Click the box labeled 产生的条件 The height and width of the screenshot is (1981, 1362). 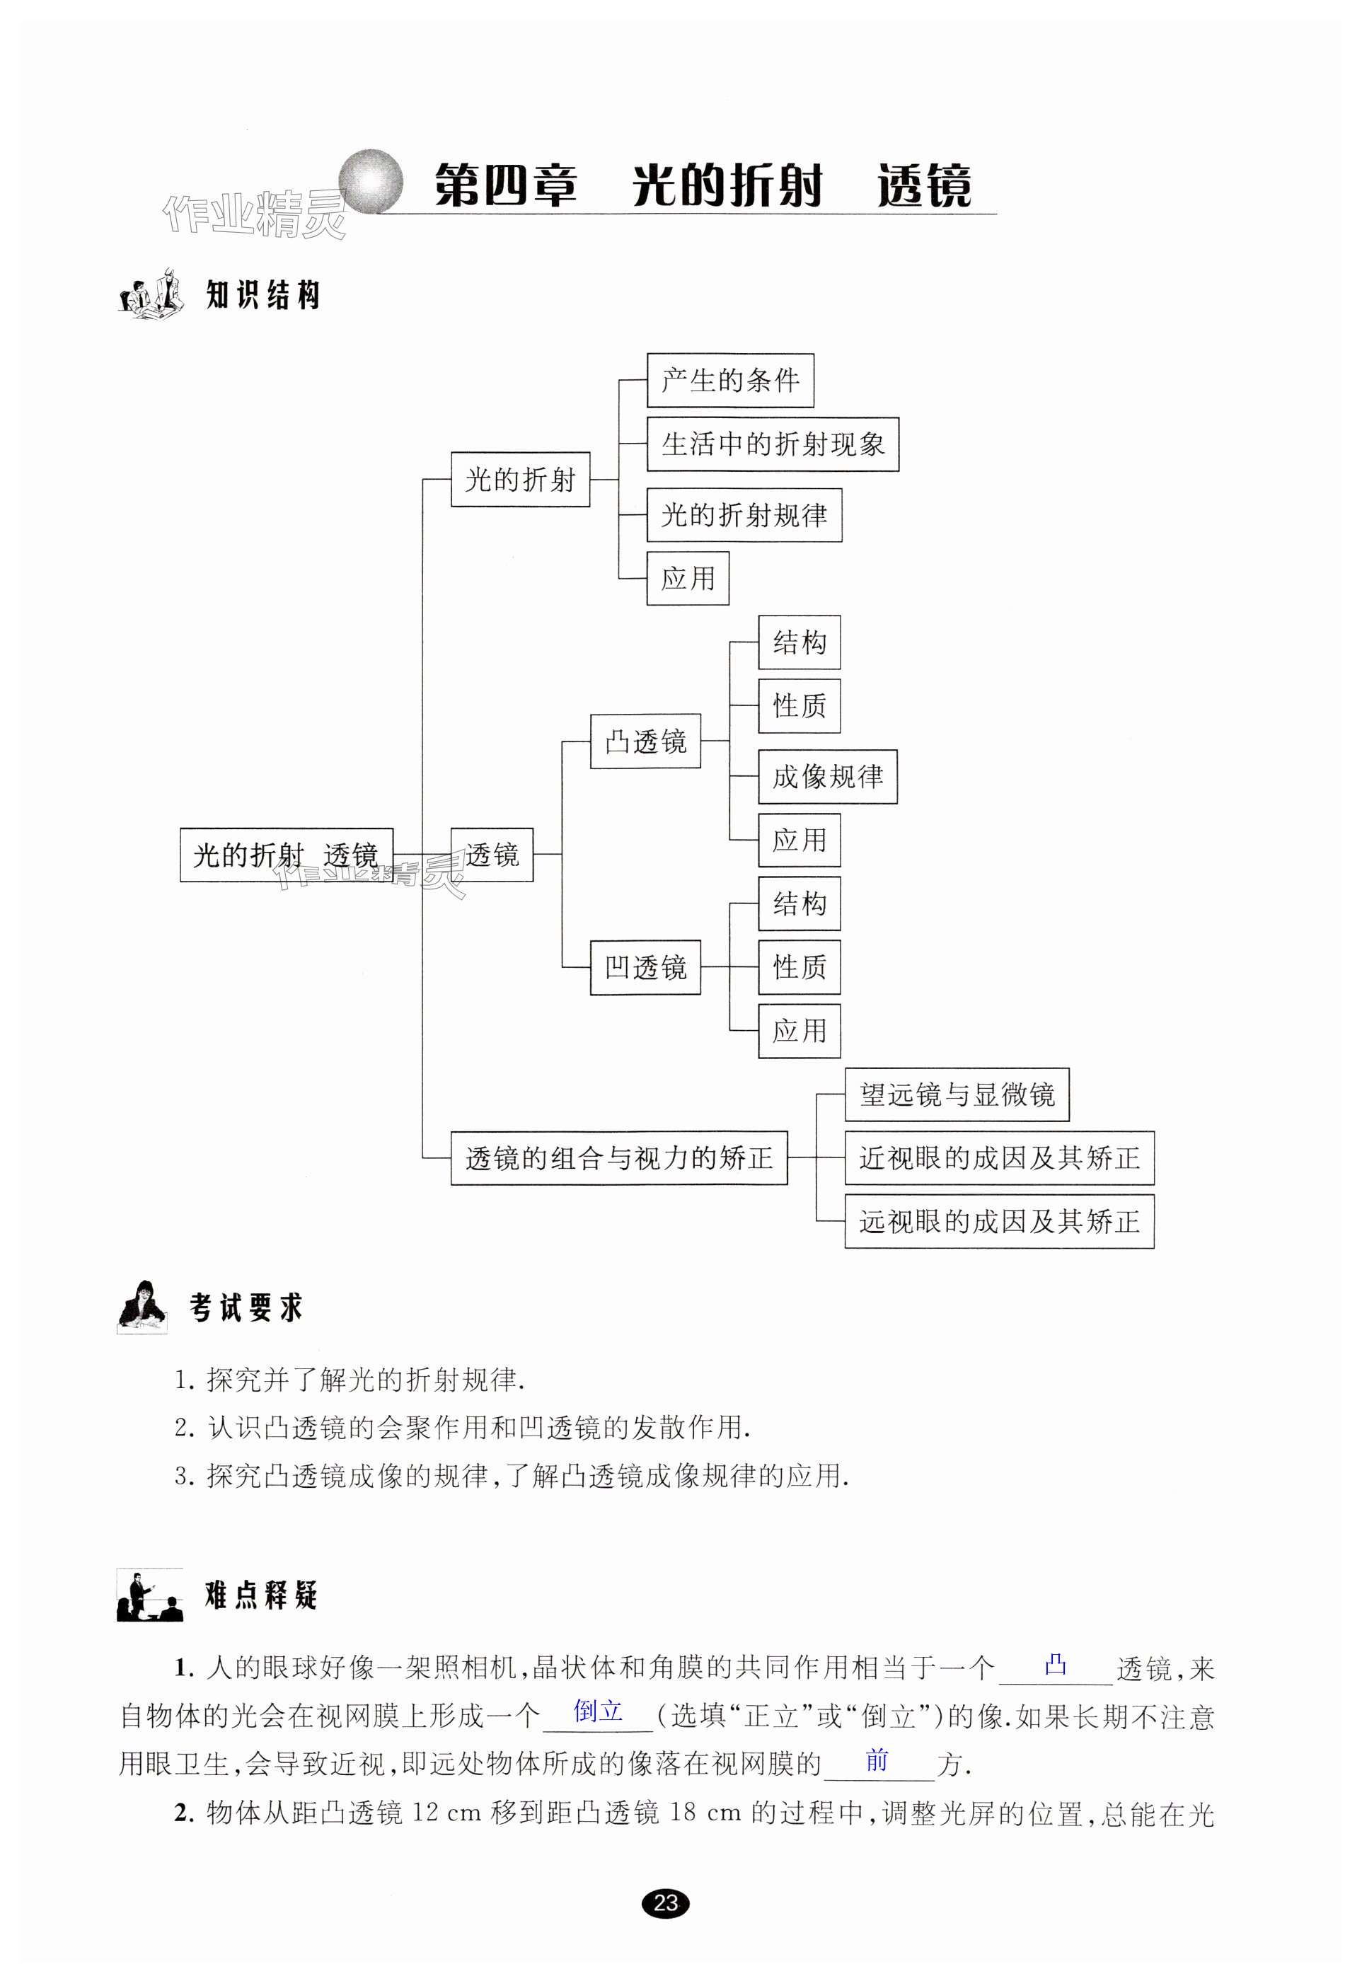point(729,381)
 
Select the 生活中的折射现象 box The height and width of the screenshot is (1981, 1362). point(773,444)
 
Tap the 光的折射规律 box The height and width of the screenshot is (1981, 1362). point(744,515)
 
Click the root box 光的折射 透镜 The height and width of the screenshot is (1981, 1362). point(286,855)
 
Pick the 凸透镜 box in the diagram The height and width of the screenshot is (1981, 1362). point(645,741)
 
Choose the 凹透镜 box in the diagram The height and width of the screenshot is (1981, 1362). point(645,967)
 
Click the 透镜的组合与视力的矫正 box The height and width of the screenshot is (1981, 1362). point(618,1157)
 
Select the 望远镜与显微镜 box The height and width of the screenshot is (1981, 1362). point(957,1095)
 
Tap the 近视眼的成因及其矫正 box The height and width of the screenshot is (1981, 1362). point(998,1157)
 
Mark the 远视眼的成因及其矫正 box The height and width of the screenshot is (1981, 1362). point(998,1222)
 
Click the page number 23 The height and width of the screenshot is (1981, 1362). point(666,1902)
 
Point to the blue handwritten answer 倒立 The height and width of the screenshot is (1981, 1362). point(597,1711)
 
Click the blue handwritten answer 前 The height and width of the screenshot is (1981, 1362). point(877,1760)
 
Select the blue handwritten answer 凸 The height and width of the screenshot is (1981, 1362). point(1056,1663)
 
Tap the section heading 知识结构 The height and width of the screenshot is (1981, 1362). point(262,295)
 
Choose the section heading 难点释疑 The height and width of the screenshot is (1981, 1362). point(261,1595)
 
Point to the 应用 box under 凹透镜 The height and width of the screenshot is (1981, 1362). point(799,1032)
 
